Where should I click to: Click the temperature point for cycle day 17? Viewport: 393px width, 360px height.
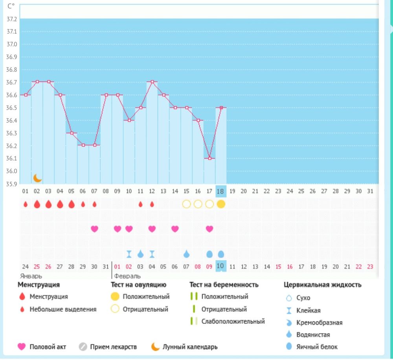click(x=210, y=158)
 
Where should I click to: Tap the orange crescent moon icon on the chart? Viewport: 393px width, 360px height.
click(x=37, y=178)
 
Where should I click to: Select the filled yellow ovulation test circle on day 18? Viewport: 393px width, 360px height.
click(x=221, y=204)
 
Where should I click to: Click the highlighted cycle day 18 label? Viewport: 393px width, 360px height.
click(x=221, y=191)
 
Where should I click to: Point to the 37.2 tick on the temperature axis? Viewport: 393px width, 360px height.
click(x=12, y=19)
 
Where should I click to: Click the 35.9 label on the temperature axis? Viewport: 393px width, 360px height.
click(x=12, y=184)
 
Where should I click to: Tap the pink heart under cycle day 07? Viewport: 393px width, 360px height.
click(x=94, y=229)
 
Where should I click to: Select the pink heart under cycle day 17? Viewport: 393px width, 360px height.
click(x=209, y=229)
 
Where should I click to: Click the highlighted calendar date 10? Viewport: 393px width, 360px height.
click(x=221, y=266)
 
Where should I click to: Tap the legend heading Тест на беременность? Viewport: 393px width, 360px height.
click(x=224, y=285)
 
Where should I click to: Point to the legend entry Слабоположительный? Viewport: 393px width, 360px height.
click(x=233, y=321)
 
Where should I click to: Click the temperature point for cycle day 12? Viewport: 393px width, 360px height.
click(x=152, y=82)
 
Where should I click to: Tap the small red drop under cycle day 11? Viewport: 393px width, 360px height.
click(x=141, y=204)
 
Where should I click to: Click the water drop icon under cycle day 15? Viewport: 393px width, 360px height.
click(x=187, y=254)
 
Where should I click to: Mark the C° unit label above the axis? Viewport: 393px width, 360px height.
click(x=11, y=6)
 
